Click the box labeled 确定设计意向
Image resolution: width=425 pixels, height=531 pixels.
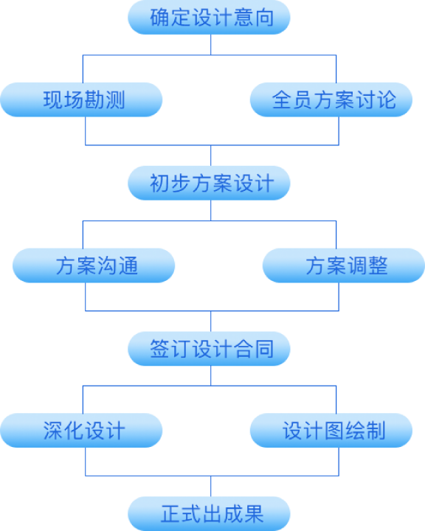click(x=210, y=17)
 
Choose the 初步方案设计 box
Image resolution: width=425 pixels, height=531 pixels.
click(x=210, y=183)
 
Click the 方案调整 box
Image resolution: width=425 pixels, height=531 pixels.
click(x=344, y=265)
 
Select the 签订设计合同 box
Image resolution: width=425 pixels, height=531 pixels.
click(x=210, y=349)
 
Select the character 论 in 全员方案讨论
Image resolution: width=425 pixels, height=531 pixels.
click(x=387, y=100)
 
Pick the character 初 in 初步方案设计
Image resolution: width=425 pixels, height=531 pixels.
click(x=159, y=184)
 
